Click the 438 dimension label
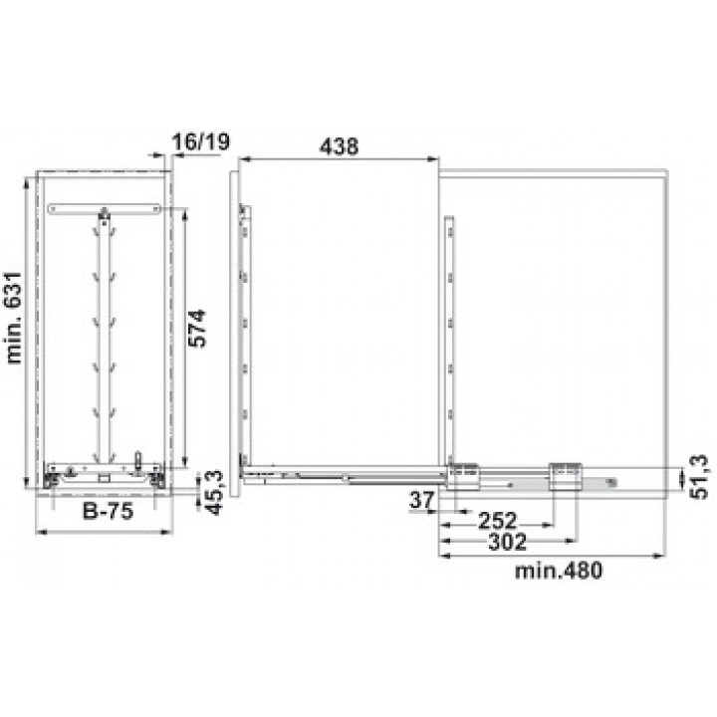[339, 146]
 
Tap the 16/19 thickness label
[201, 141]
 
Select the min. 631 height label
[14, 319]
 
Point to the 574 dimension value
[198, 329]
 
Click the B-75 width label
[108, 511]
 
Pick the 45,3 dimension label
[213, 493]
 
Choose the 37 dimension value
[421, 500]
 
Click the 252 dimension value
[498, 521]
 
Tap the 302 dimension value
[508, 542]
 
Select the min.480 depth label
[559, 571]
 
